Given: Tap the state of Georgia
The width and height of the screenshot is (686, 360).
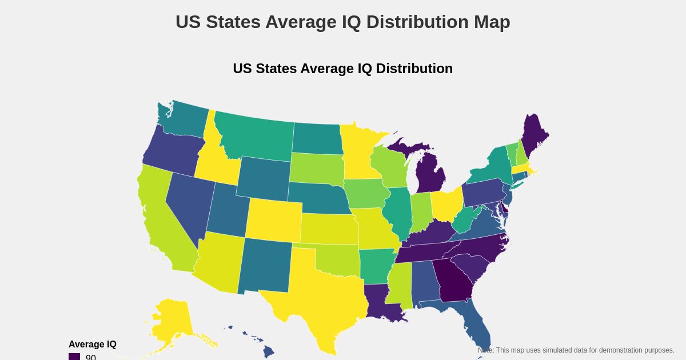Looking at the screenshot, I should click(454, 280).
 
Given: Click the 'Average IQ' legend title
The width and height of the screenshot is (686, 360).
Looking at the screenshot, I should click(93, 344).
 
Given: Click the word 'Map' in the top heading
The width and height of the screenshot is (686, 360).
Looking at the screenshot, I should click(492, 22).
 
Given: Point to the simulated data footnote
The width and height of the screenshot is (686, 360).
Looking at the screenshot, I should click(576, 350).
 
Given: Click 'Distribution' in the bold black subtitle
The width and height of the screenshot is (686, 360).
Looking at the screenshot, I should click(414, 69).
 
